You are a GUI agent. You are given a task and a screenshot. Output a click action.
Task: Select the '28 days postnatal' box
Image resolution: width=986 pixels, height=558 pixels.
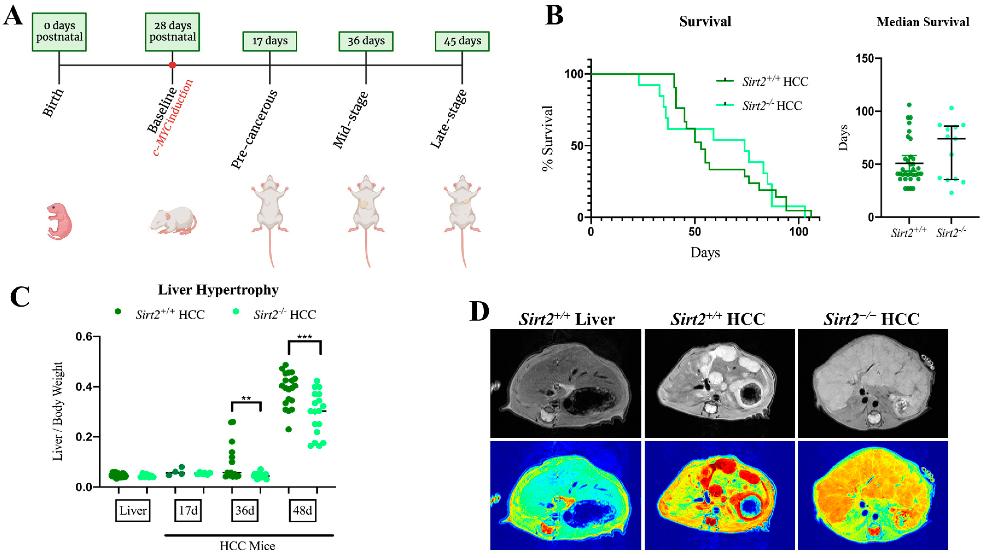coord(172,32)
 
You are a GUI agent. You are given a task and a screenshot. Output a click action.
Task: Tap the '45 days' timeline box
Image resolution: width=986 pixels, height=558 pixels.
coord(462,41)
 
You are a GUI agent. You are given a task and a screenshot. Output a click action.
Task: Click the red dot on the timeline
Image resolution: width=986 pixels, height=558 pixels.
coord(172,65)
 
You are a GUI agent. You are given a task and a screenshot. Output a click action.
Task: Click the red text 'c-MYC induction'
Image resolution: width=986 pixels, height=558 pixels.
coord(173,118)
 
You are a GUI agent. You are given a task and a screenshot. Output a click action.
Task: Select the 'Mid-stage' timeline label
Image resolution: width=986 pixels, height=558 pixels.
coord(350,120)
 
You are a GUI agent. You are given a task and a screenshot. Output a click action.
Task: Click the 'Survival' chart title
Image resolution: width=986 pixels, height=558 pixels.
coord(705,21)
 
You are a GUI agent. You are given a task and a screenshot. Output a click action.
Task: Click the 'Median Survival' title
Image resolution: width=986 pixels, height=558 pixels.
coord(923,22)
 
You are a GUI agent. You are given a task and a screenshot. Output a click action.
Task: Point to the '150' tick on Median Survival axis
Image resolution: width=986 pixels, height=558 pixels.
coord(866,59)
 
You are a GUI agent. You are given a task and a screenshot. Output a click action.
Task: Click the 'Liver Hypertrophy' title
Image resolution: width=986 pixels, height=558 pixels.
coord(218,290)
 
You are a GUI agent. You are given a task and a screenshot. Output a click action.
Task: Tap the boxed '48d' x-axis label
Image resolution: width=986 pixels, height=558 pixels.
coord(302,511)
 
